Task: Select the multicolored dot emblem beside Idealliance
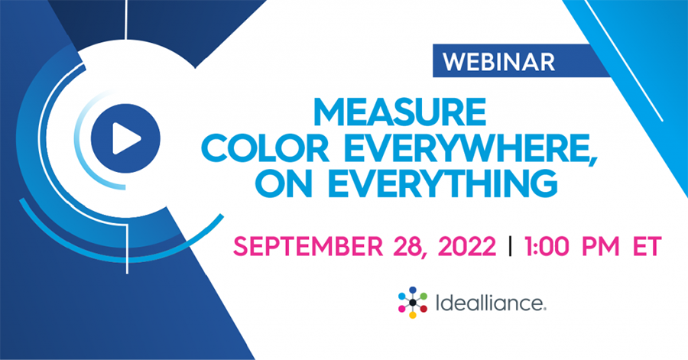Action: pos(413,303)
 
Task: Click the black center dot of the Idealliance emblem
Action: pos(413,303)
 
